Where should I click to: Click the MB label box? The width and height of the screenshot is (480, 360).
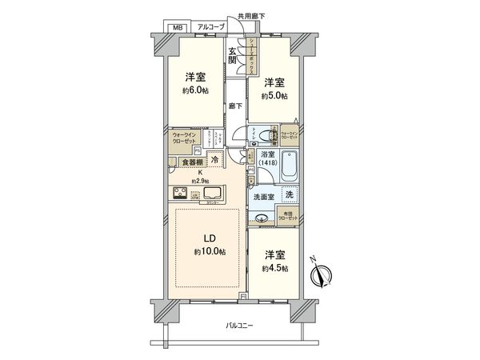[x=174, y=26]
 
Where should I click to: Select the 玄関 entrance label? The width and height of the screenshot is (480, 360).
[x=232, y=54]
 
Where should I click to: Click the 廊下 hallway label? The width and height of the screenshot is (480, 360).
[x=234, y=106]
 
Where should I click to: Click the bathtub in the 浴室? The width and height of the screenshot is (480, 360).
[x=290, y=165]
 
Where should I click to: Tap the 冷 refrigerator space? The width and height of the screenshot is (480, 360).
[x=214, y=159]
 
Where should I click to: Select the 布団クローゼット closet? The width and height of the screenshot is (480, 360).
[x=288, y=214]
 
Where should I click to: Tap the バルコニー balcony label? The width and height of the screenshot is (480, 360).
[x=239, y=326]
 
